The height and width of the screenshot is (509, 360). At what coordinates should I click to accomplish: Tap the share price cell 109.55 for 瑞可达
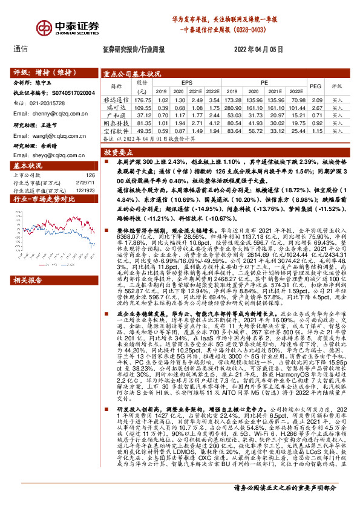[x=142, y=106]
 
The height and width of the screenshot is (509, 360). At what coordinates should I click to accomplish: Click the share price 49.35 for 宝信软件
[x=142, y=130]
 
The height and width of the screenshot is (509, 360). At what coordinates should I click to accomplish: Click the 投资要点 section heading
[x=119, y=154]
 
